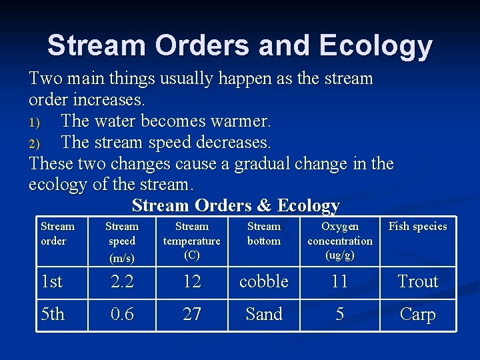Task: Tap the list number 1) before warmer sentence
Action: [x=35, y=122]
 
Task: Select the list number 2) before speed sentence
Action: [x=35, y=143]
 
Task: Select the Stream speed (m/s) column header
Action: [x=122, y=241]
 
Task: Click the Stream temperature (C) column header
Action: [x=192, y=241]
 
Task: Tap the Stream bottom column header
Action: [x=264, y=234]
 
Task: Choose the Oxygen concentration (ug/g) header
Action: [x=340, y=241]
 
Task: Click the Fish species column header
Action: [x=417, y=227]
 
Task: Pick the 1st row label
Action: [x=51, y=282]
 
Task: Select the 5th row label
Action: [x=53, y=315]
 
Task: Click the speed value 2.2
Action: [x=122, y=282]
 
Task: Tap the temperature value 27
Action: [x=192, y=315]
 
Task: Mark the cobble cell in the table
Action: [x=264, y=282]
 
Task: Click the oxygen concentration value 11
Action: [x=340, y=282]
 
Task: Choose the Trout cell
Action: [x=417, y=282]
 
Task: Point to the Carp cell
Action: [x=417, y=315]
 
